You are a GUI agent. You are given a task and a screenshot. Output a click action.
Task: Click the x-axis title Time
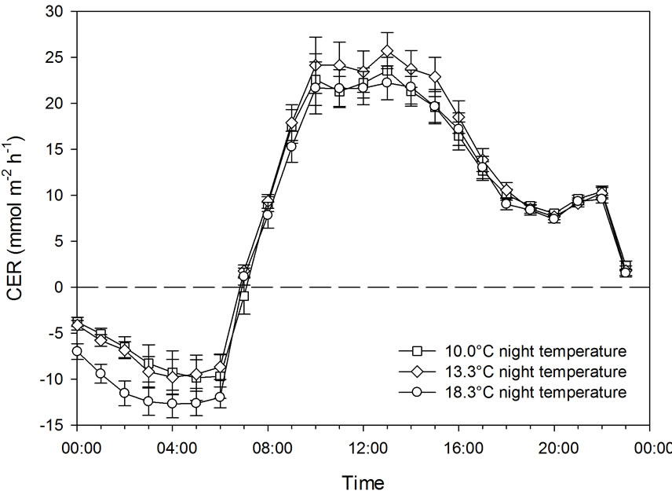coord(363,480)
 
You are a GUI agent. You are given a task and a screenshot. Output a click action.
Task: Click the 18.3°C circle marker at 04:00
coord(172,404)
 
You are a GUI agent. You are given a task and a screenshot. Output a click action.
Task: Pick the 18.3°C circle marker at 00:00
coord(77,352)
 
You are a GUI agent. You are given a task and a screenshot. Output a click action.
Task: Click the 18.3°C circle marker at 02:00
coord(124,393)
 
